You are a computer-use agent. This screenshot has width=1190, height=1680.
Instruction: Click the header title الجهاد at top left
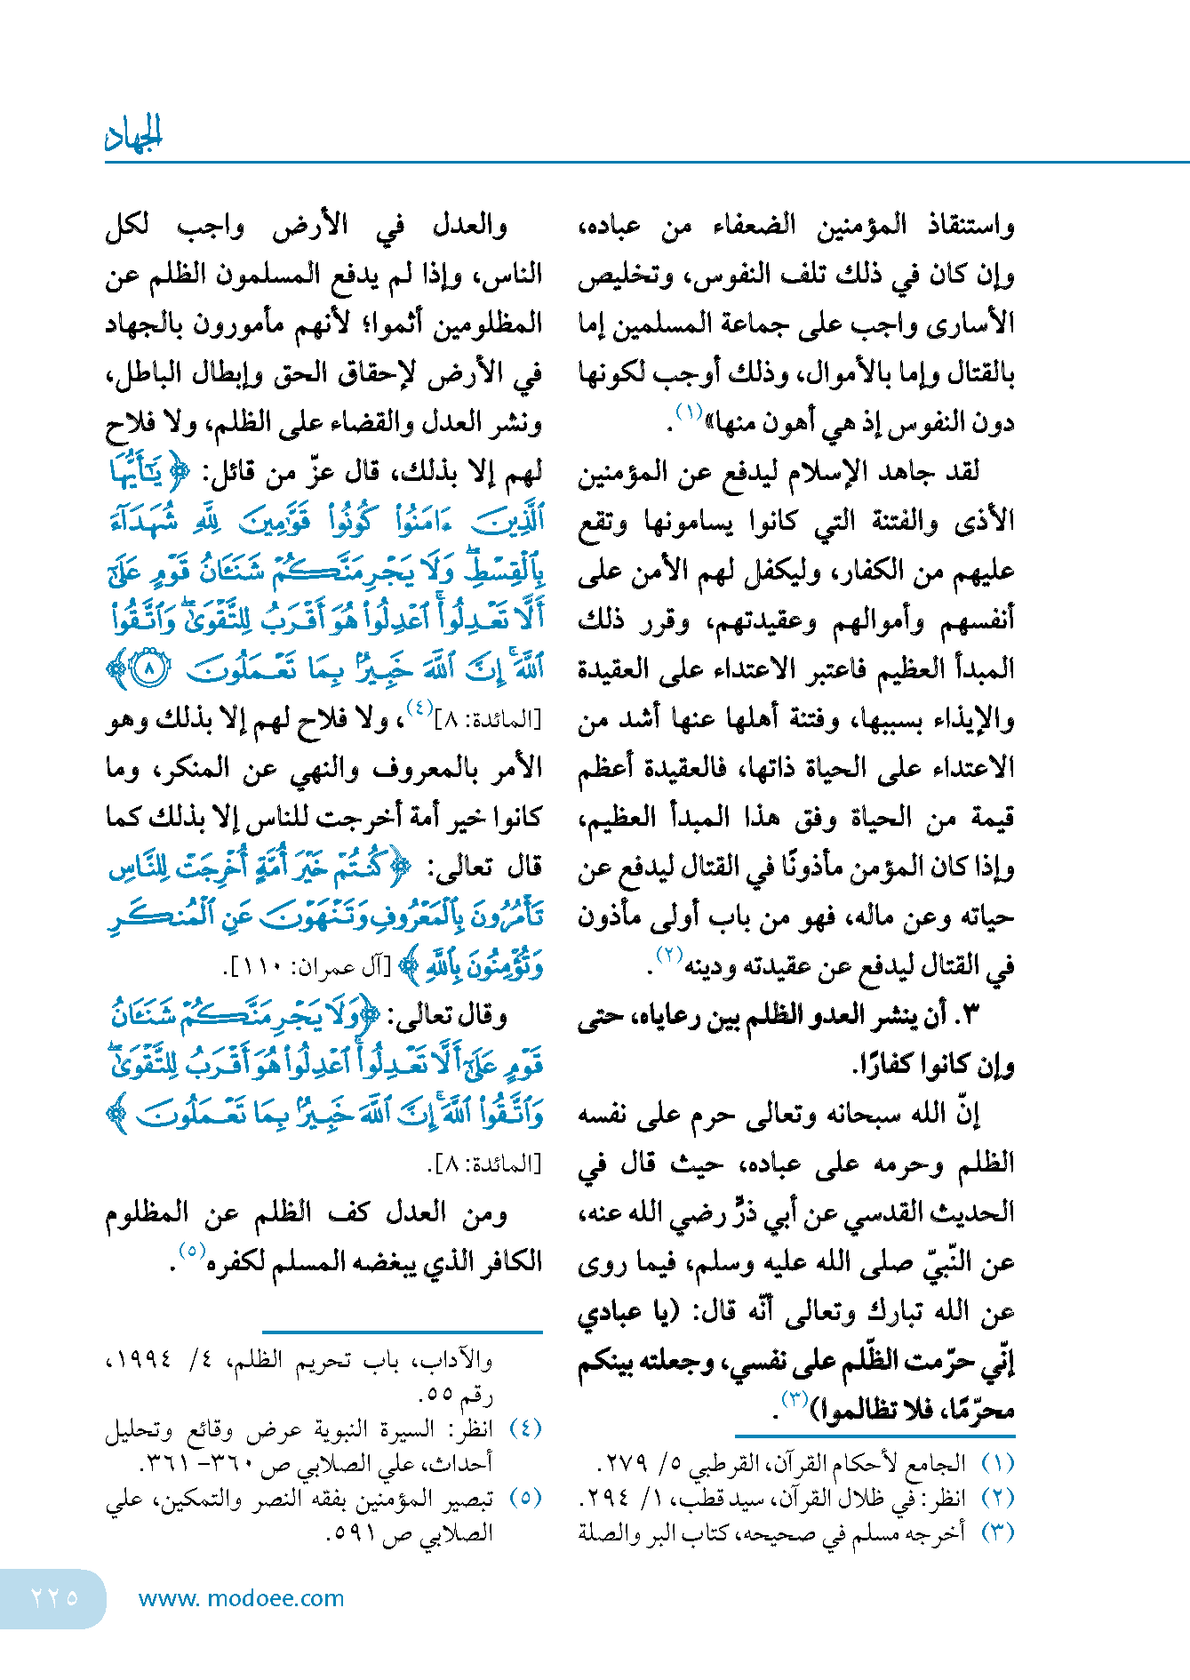[134, 135]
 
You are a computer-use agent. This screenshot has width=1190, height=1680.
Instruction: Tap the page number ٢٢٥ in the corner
[55, 1597]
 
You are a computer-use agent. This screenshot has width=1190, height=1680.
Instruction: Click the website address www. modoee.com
[241, 1598]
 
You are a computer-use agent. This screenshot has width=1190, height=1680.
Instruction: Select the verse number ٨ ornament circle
[150, 668]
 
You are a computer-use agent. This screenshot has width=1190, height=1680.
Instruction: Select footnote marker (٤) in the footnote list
[525, 1428]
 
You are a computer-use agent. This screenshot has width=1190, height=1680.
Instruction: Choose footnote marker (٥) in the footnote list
[525, 1498]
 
